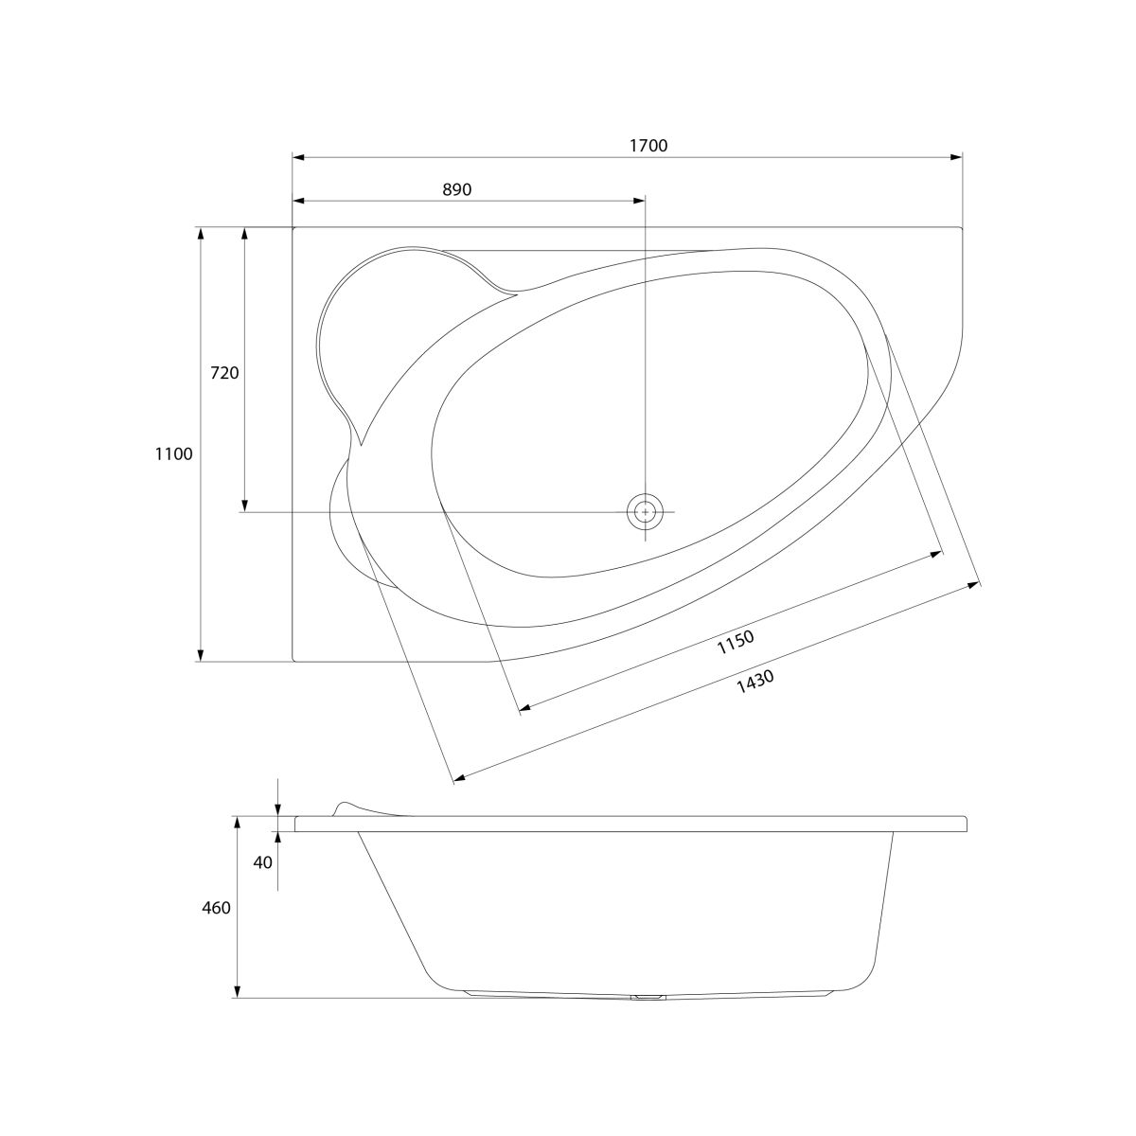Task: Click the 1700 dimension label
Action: (x=648, y=146)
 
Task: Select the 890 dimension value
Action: (x=457, y=189)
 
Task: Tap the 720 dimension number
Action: (x=224, y=373)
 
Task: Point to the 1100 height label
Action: (x=174, y=454)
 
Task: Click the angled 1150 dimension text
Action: (x=736, y=642)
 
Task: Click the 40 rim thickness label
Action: (x=263, y=862)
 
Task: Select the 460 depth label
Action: (x=217, y=908)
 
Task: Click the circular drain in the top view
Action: (x=645, y=512)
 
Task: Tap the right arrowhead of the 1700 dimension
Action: (x=956, y=157)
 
